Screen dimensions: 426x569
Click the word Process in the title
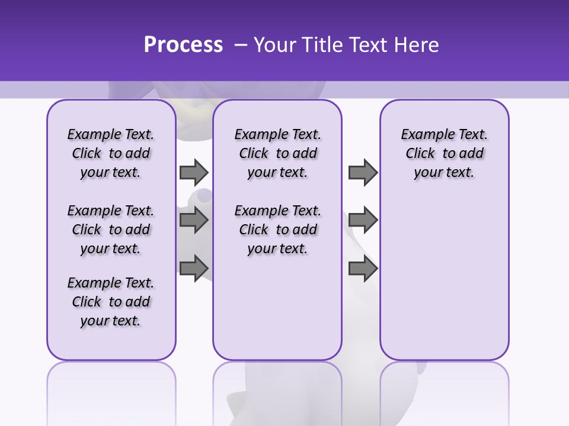coord(183,45)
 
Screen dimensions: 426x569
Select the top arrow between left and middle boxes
coord(194,172)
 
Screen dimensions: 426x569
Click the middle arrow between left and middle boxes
coord(194,220)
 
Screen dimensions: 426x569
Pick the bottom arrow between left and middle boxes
coord(194,268)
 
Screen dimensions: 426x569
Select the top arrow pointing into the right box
coord(363,172)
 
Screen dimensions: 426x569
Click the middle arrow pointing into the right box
coord(363,220)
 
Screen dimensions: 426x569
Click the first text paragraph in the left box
coord(111,153)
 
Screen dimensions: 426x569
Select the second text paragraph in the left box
coord(111,230)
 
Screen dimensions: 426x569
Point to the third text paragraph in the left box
coord(111,302)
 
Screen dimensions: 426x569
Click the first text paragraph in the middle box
coord(277,153)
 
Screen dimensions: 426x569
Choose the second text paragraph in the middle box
coord(277,230)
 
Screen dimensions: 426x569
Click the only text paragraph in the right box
coord(444,153)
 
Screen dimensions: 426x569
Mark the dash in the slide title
coord(241,45)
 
